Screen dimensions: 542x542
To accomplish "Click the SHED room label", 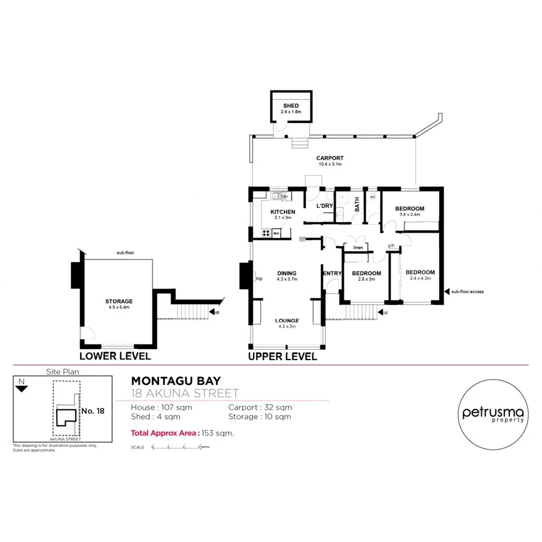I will (291, 106).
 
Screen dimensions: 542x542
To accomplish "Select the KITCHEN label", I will (282, 212).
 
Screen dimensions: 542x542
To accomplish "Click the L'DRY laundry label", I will (325, 206).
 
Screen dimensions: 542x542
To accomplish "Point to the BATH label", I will (357, 204).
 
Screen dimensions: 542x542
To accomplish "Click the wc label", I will (373, 196).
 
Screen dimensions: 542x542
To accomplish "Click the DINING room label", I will (287, 273).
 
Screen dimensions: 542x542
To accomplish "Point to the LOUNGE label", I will (287, 320).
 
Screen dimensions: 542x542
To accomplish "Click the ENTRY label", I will (332, 273).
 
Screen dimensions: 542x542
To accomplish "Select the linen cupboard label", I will (358, 248).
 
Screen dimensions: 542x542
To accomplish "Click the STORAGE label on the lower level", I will (119, 301).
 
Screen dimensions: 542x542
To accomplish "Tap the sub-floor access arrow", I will (447, 292).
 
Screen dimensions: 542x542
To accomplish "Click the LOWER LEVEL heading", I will (115, 356).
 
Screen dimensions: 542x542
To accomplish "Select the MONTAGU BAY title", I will (176, 381).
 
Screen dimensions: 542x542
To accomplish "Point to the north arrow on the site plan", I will (22, 388).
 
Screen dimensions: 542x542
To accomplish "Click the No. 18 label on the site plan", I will (92, 411).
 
